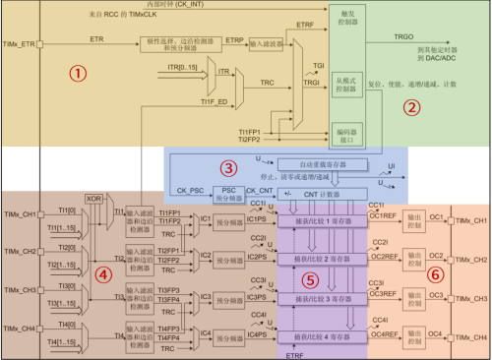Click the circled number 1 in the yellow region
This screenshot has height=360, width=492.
coord(72,72)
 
